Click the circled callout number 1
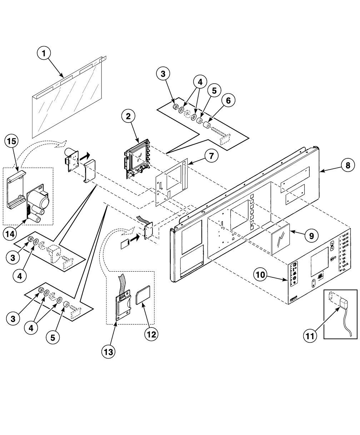(x=44, y=54)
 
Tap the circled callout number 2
(x=128, y=116)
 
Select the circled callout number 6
(x=228, y=101)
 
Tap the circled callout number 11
(x=311, y=336)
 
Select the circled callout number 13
(x=109, y=351)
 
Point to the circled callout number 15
(x=12, y=142)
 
